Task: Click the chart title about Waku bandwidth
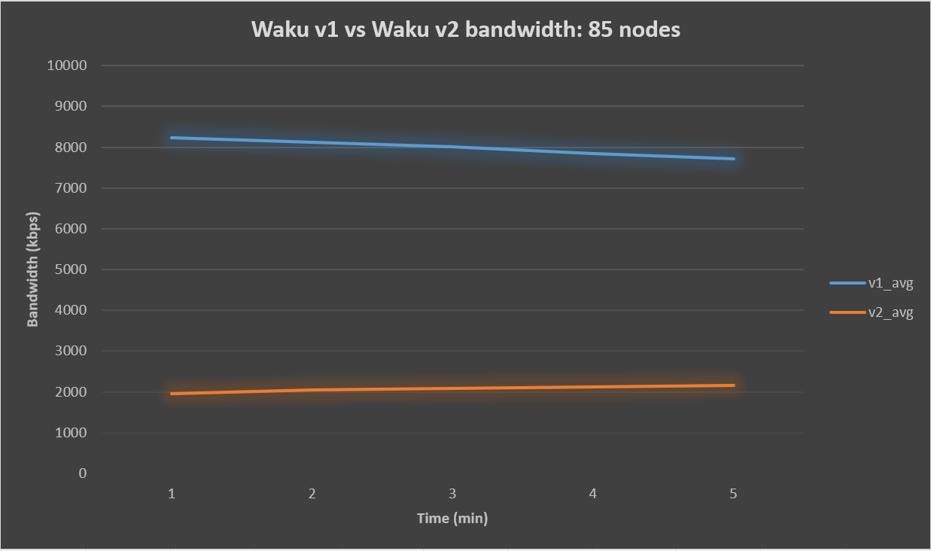(x=465, y=29)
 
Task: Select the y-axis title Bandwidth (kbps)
(x=32, y=269)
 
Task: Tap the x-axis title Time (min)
(x=452, y=518)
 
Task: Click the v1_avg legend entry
(x=890, y=283)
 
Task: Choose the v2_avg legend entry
(x=890, y=312)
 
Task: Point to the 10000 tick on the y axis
(x=67, y=65)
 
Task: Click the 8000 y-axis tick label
(x=71, y=148)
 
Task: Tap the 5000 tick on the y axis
(x=71, y=269)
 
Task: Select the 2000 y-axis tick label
(x=71, y=392)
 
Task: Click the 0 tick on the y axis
(x=82, y=473)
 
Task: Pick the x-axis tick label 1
(x=172, y=494)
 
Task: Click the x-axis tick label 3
(x=452, y=494)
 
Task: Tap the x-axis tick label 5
(x=733, y=494)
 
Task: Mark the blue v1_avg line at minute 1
(x=172, y=138)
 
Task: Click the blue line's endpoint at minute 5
(x=733, y=159)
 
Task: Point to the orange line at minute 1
(x=172, y=394)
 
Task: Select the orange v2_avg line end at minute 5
(x=733, y=385)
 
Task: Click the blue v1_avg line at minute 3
(x=452, y=147)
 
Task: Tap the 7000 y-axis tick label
(x=71, y=188)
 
